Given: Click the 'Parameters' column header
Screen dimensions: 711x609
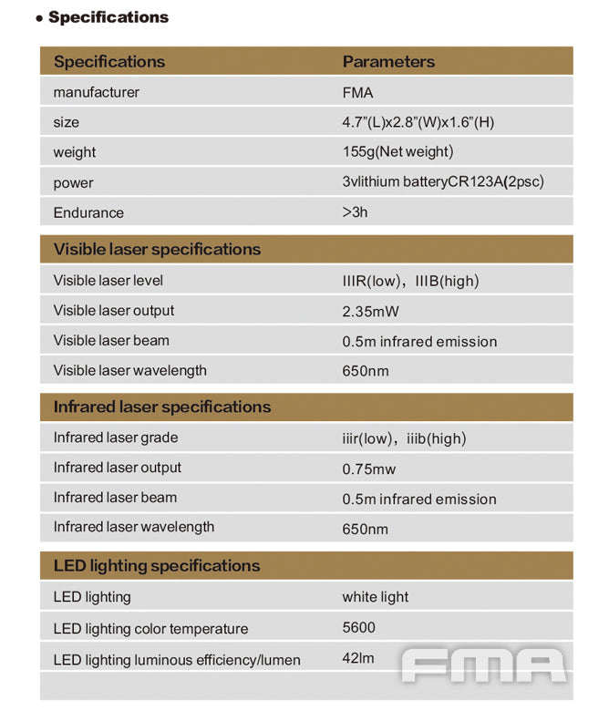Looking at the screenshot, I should pyautogui.click(x=388, y=62).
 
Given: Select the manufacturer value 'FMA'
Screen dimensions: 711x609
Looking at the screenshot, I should pyautogui.click(x=357, y=92).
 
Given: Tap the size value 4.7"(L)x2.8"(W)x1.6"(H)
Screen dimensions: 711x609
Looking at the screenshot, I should pyautogui.click(x=418, y=122).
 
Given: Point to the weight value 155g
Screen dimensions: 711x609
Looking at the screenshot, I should pyautogui.click(x=397, y=152).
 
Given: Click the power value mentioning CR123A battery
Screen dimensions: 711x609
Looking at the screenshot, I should pyautogui.click(x=442, y=182).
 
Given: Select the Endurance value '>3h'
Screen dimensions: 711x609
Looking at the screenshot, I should pyautogui.click(x=355, y=212).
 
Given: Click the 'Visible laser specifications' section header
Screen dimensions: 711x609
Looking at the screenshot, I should pyautogui.click(x=157, y=250).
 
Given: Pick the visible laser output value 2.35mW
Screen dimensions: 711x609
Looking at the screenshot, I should pyautogui.click(x=370, y=312).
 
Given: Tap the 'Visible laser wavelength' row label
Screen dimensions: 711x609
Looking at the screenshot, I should pyautogui.click(x=129, y=371).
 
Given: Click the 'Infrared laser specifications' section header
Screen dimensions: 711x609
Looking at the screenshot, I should pyautogui.click(x=161, y=407).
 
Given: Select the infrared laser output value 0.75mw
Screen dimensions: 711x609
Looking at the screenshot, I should pyautogui.click(x=369, y=469).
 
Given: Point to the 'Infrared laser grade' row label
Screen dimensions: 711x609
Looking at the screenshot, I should pyautogui.click(x=116, y=438).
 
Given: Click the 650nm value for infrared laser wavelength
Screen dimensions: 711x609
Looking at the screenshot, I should pyautogui.click(x=365, y=530).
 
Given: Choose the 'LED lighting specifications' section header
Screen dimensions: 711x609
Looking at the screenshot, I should pyautogui.click(x=156, y=566).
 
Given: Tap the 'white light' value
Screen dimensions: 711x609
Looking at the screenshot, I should pyautogui.click(x=375, y=597).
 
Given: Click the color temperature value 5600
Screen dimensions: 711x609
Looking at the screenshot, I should pyautogui.click(x=358, y=627).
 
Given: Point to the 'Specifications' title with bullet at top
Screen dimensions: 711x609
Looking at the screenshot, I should pyautogui.click(x=102, y=17).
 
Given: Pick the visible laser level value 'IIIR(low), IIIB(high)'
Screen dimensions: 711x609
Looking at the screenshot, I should pyautogui.click(x=410, y=281).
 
